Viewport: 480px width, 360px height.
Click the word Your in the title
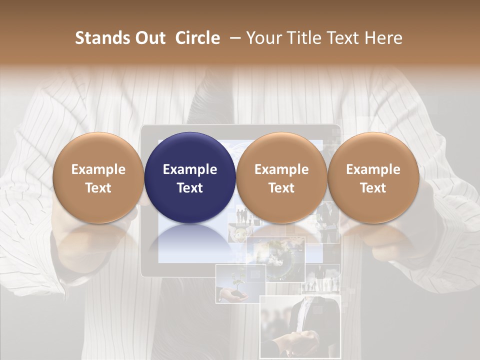tap(265, 38)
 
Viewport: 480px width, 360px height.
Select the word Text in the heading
tap(344, 38)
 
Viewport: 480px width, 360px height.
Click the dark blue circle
tap(190, 177)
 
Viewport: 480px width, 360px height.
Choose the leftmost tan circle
tap(98, 177)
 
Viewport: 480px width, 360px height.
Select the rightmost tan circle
tap(373, 177)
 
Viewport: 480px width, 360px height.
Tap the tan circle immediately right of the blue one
tap(281, 177)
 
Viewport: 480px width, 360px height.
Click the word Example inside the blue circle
tap(190, 169)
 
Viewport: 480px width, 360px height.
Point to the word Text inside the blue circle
tap(190, 188)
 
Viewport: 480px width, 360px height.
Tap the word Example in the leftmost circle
tap(98, 169)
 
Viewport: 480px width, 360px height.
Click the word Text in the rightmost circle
tap(373, 188)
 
